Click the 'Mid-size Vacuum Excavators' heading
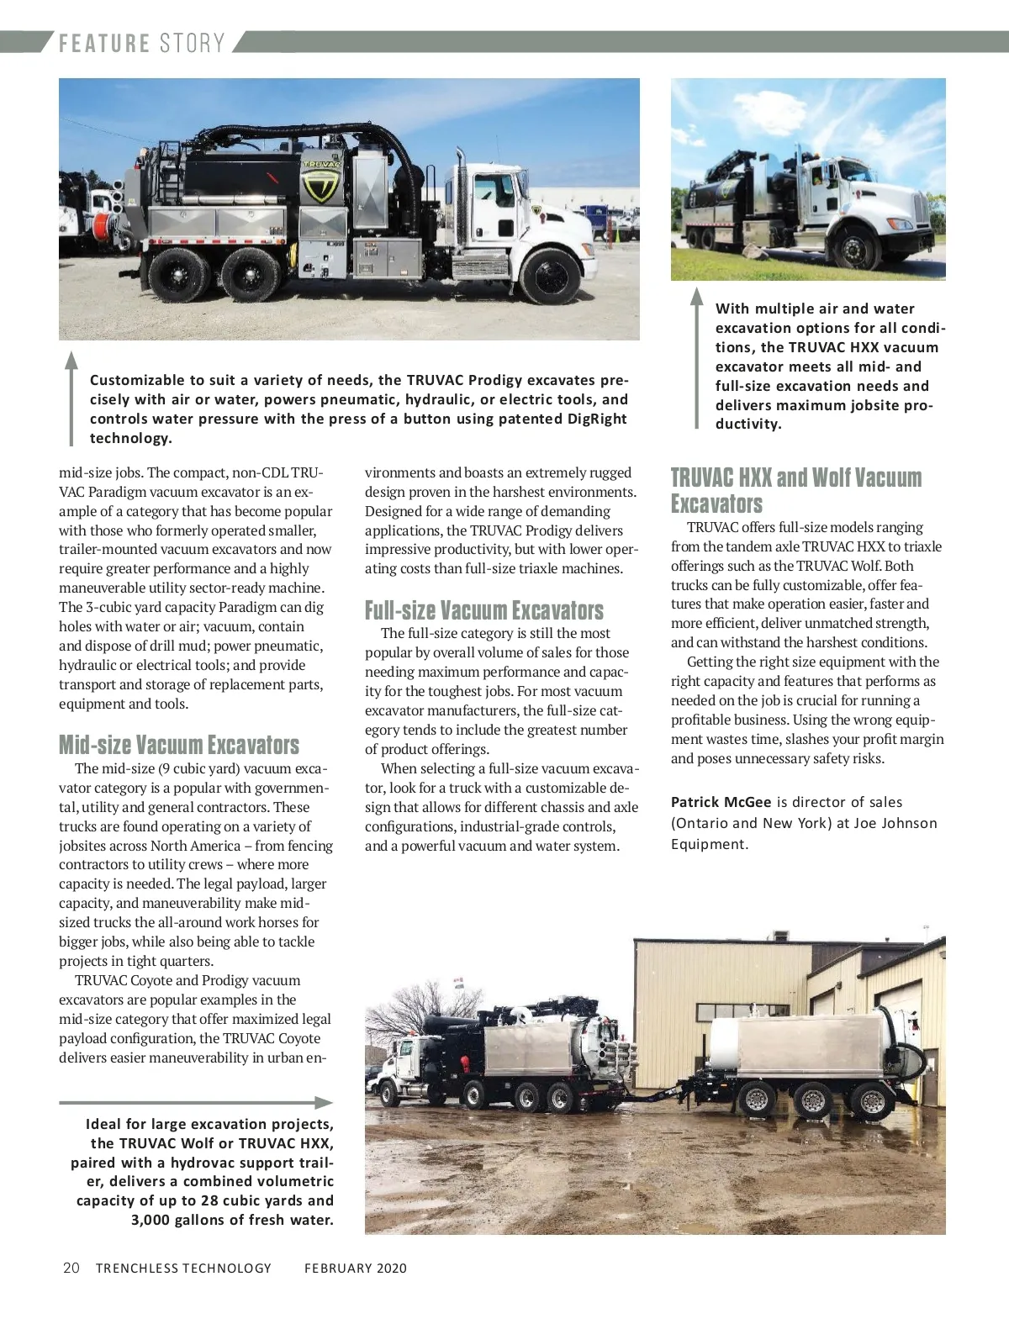[x=178, y=745]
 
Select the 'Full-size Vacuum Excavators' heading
[x=483, y=610]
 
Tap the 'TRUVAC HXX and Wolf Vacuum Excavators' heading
[x=795, y=490]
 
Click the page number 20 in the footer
[x=71, y=1268]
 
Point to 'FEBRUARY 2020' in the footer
[x=355, y=1268]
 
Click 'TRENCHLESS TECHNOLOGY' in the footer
[x=183, y=1268]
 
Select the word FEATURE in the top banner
[x=104, y=43]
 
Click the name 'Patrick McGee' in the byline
[x=721, y=802]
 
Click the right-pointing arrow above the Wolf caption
[x=196, y=1103]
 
